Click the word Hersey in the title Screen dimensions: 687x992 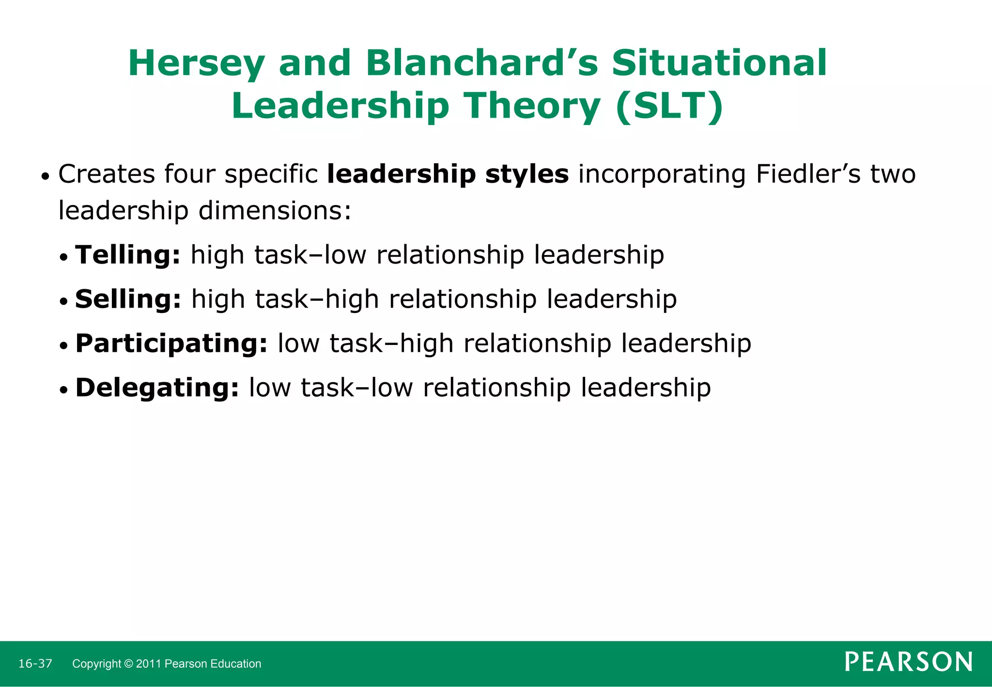(197, 63)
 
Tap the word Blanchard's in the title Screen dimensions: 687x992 (482, 63)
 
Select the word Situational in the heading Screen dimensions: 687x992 (719, 63)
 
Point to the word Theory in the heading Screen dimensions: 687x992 (533, 106)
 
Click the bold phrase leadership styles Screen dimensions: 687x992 (448, 174)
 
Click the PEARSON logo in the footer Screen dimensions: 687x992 (909, 662)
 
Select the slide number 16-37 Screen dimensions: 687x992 (35, 664)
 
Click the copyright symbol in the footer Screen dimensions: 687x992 (128, 664)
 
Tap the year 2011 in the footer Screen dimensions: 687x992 (149, 664)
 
